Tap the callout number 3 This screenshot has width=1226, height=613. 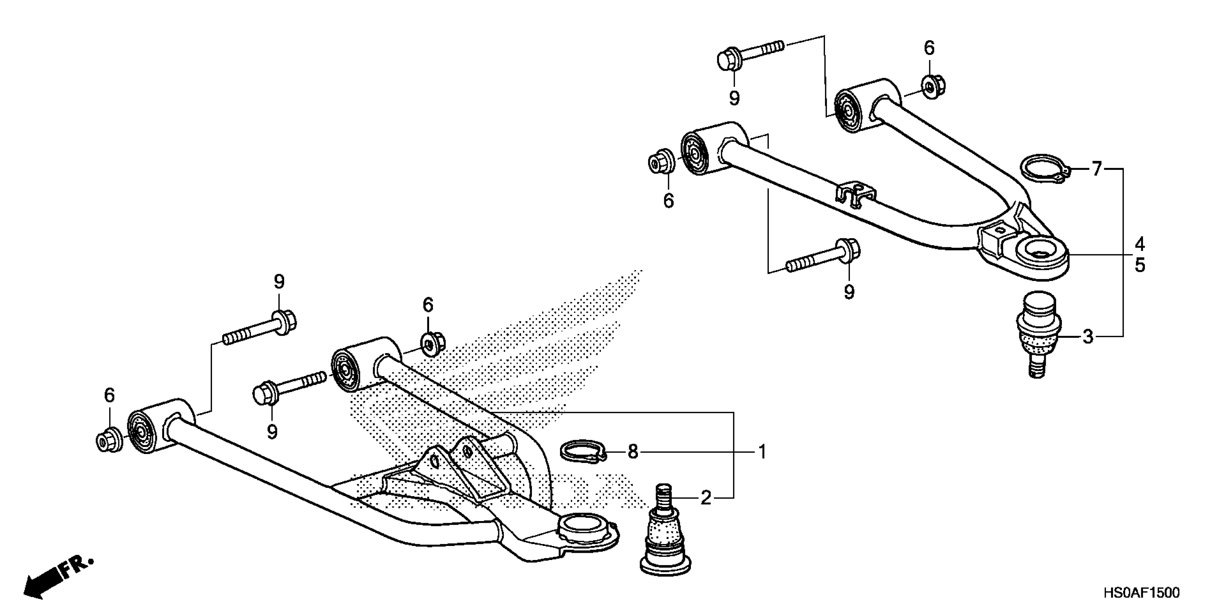point(1088,336)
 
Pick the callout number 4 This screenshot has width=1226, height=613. point(1139,244)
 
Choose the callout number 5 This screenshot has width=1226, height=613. point(1139,265)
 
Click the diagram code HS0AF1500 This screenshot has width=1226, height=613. point(1141,593)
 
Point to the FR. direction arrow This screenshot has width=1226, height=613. point(57,578)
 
